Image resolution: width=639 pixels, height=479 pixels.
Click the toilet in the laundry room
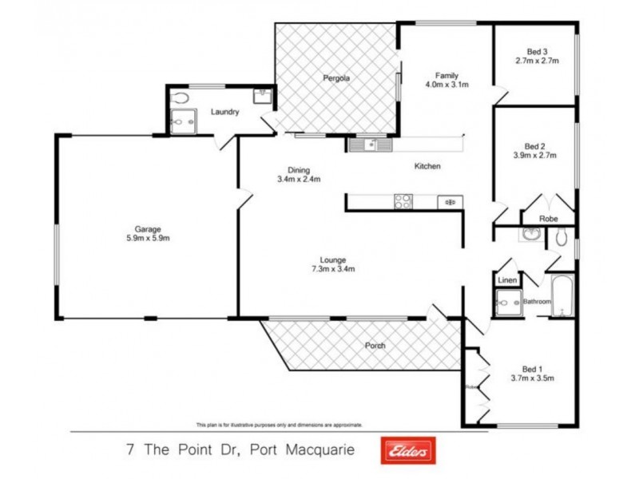pos(183,97)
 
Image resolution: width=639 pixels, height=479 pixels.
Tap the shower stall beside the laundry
pos(183,122)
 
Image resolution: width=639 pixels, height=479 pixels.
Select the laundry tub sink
pos(262,97)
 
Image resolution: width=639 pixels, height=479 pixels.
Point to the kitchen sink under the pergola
pos(371,144)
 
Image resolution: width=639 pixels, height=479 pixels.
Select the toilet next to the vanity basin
pos(562,236)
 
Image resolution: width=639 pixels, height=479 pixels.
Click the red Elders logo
pos(408,450)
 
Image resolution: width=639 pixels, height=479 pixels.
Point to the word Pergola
pos(337,78)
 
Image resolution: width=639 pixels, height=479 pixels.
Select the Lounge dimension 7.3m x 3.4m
pos(332,269)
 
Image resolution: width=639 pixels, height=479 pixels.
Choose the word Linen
pos(506,281)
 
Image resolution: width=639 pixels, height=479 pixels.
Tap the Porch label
pos(375,346)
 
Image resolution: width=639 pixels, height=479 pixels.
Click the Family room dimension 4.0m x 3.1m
pos(447,84)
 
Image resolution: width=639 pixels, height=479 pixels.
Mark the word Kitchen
pos(427,166)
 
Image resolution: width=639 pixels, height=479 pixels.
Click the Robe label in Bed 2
pos(548,218)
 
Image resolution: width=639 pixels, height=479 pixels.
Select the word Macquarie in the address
pos(328,449)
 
